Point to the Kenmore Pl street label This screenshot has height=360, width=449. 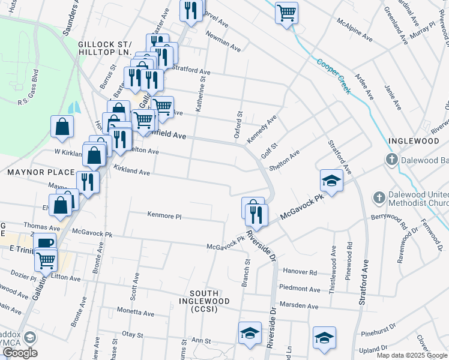pyautogui.click(x=164, y=215)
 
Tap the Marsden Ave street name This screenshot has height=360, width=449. pyautogui.click(x=302, y=306)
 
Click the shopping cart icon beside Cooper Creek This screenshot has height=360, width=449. pyautogui.click(x=286, y=12)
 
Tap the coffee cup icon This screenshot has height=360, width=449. pyautogui.click(x=44, y=243)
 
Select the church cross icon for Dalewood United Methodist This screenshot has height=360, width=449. pyautogui.click(x=379, y=197)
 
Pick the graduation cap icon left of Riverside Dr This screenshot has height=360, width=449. pyautogui.click(x=250, y=333)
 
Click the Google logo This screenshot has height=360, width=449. pyautogui.click(x=20, y=353)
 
